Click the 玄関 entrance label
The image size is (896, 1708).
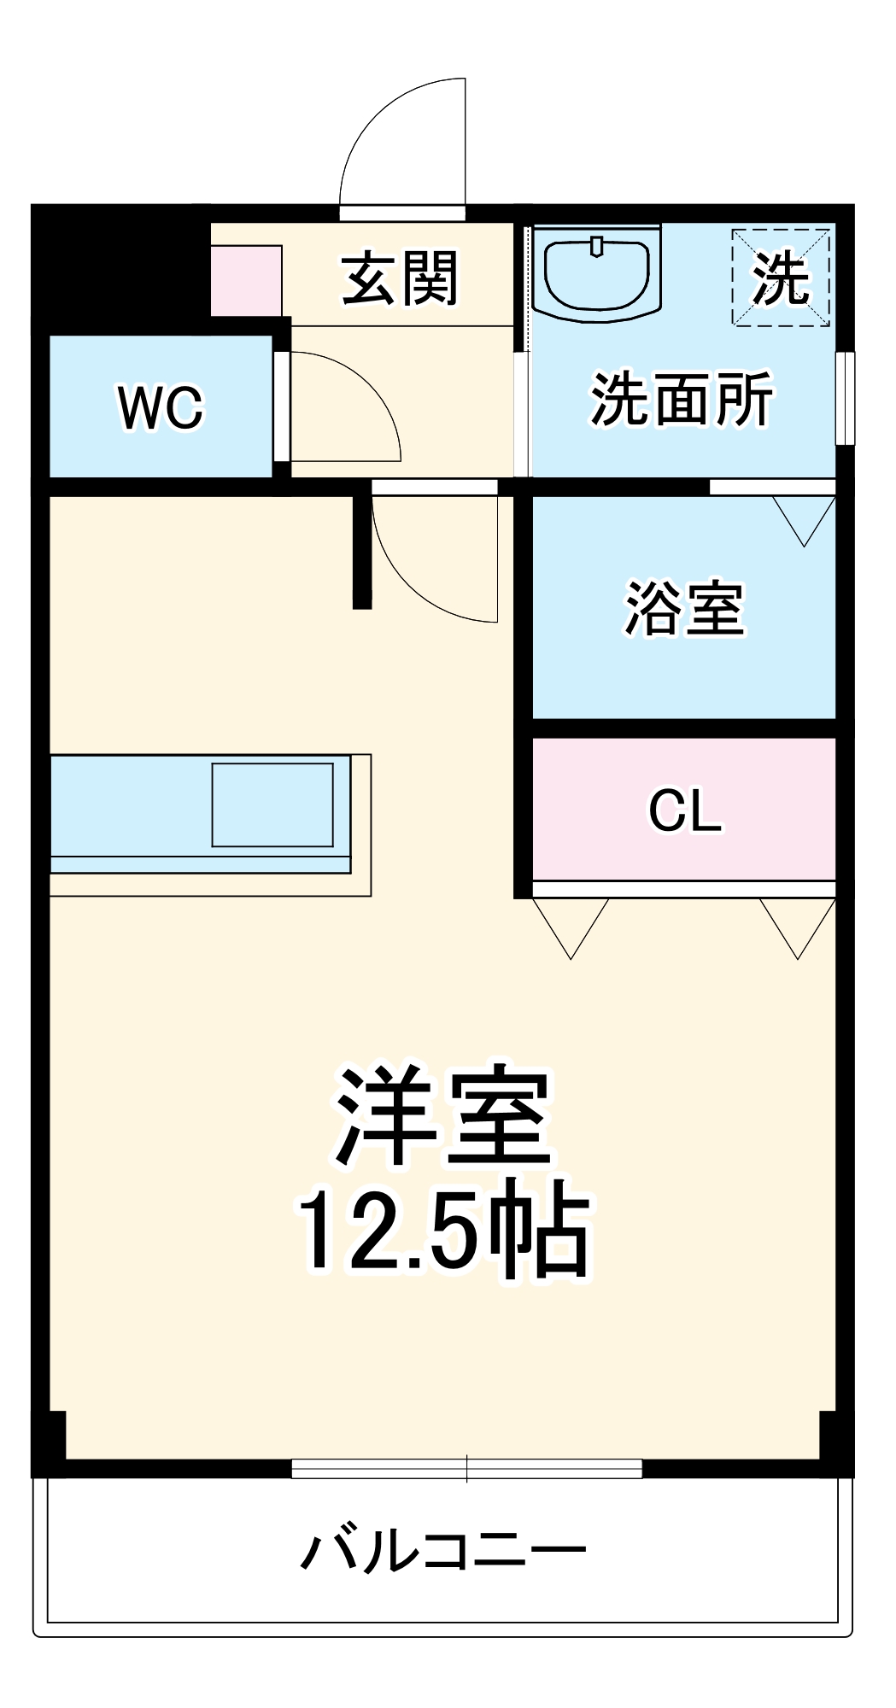(x=400, y=278)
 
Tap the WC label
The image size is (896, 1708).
(x=161, y=407)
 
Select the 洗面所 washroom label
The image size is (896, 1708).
(x=682, y=399)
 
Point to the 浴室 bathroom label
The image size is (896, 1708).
(x=684, y=608)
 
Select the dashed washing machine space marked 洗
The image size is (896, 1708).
(x=781, y=277)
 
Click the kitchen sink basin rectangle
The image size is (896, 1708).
(x=272, y=804)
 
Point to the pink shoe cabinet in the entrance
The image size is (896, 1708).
(x=247, y=280)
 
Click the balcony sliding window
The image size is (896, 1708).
(x=466, y=1468)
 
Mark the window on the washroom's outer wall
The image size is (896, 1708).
(x=845, y=398)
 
